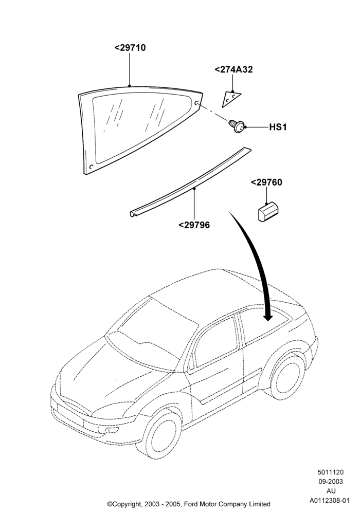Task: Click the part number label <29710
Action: click(x=130, y=48)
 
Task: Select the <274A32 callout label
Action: click(x=234, y=69)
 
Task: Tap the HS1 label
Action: click(x=278, y=127)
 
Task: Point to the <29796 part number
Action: click(x=194, y=225)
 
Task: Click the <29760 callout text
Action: click(x=266, y=182)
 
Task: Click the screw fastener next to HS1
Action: click(x=237, y=125)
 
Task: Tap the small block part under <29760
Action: click(x=268, y=212)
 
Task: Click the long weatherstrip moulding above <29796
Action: click(x=190, y=182)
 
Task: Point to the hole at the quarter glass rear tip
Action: click(x=197, y=103)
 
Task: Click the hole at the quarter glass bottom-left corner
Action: click(x=92, y=167)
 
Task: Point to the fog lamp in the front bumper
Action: click(x=112, y=430)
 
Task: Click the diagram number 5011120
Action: click(x=330, y=472)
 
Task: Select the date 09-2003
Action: click(x=330, y=482)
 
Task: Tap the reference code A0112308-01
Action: click(x=330, y=501)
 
